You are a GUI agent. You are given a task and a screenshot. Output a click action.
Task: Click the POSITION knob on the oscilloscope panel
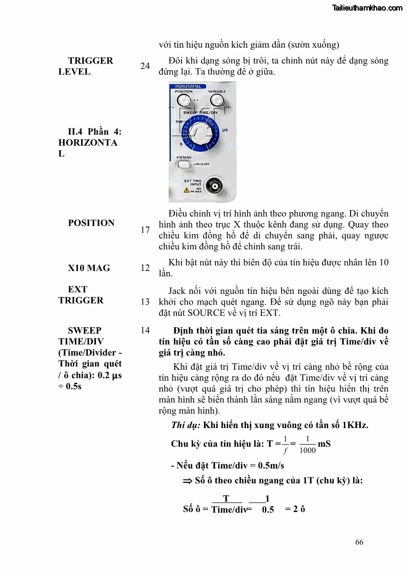pos(186,99)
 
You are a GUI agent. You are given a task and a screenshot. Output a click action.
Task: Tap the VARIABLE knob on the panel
pos(217,100)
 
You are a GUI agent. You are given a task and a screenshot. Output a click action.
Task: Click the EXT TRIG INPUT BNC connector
pos(211,185)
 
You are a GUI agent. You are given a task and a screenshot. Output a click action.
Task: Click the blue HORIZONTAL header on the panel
pos(188,87)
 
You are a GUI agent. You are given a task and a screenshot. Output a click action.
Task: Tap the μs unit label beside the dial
pos(225,130)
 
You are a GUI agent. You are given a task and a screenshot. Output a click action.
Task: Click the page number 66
pos(359,542)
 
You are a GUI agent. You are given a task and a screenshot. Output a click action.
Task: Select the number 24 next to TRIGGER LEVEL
pos(145,66)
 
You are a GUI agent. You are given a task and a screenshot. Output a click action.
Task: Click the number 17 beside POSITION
pos(145,230)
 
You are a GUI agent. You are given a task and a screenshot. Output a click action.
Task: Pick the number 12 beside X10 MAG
pos(145,268)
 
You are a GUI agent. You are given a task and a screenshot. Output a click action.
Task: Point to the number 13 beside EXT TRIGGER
pos(145,302)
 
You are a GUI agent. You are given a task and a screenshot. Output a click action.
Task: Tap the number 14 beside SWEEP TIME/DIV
pos(145,330)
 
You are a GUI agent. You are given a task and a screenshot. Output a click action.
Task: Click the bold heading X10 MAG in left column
pos(89,268)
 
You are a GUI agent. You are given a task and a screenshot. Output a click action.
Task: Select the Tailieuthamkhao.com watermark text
pos(368,8)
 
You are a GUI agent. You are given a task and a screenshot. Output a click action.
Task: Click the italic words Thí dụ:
pos(186,425)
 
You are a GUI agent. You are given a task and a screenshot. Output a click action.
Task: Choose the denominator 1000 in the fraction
pos(308,451)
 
